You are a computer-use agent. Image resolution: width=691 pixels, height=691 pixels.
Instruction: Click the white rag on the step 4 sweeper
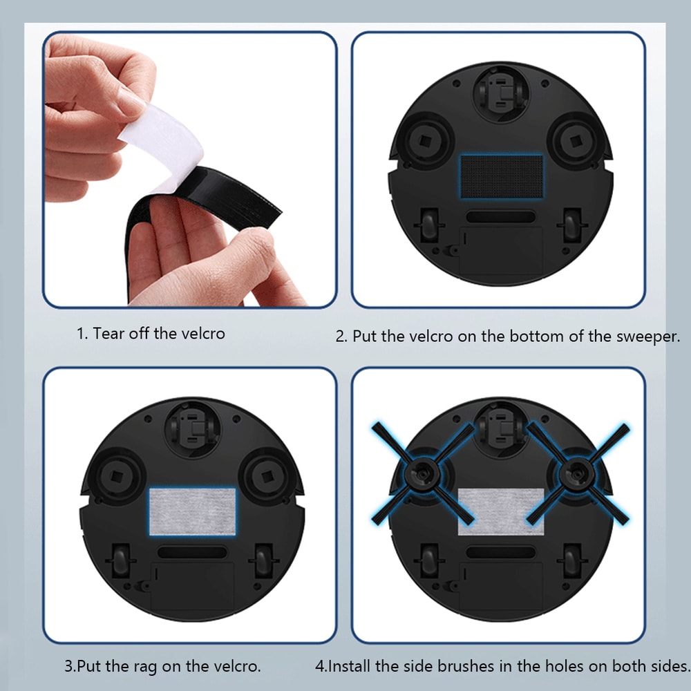[501, 511]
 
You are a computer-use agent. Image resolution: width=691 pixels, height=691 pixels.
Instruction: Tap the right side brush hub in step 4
[571, 473]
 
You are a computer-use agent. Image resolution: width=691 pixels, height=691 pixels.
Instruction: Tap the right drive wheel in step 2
[571, 223]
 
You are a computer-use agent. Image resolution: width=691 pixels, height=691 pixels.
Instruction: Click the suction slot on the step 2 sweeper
[500, 216]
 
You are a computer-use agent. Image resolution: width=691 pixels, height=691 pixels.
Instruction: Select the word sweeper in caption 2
[647, 337]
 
